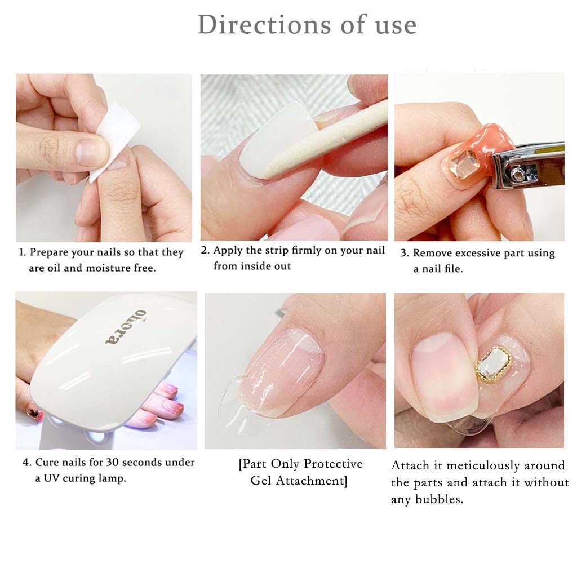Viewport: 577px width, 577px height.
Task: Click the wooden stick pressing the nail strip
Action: tap(324, 141)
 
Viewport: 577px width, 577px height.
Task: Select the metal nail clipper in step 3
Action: tap(527, 165)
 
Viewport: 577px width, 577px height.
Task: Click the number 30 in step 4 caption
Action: tap(112, 462)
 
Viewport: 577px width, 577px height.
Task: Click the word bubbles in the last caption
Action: tap(439, 499)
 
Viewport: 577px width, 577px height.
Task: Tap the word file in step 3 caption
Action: tap(454, 269)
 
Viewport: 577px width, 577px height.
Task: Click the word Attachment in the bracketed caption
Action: tap(312, 481)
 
